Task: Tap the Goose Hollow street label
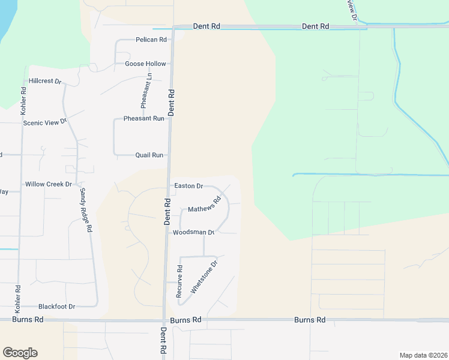[145, 64]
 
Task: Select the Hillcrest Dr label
[46, 81]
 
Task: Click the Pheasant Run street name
[143, 119]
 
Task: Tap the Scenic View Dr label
[44, 122]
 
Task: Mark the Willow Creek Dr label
[48, 184]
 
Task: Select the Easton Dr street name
[188, 186]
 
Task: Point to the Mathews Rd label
[205, 205]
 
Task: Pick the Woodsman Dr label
[193, 232]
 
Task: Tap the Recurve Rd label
[179, 281]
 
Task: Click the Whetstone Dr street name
[204, 277]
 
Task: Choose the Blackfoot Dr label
[56, 306]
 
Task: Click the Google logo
[20, 353]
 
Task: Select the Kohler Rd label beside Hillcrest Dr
[23, 101]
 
